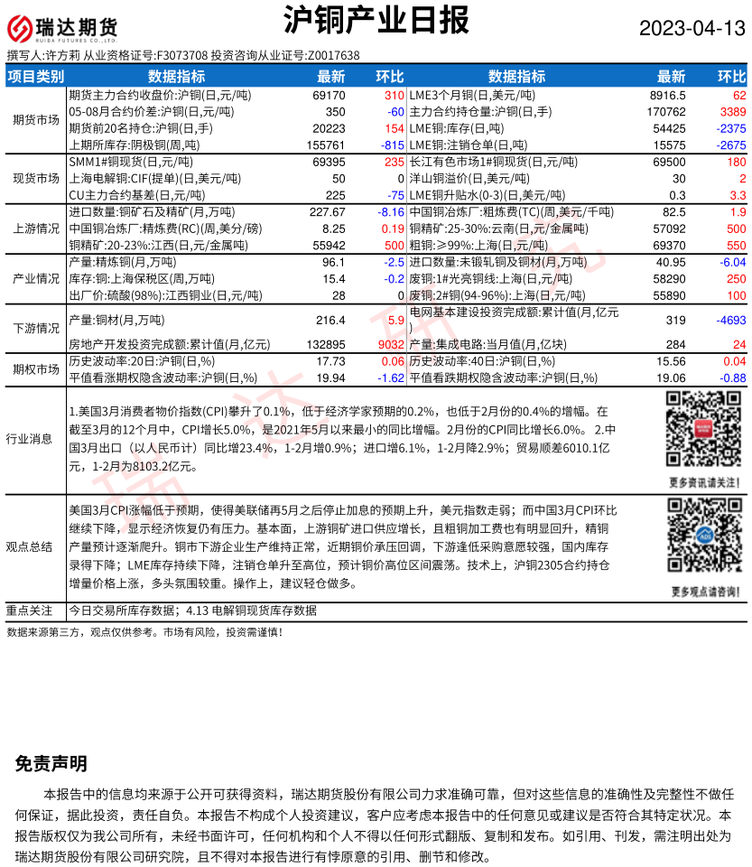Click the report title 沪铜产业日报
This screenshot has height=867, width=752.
[x=376, y=20]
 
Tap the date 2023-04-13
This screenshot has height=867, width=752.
[x=692, y=29]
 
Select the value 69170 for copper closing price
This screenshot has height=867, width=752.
[x=329, y=95]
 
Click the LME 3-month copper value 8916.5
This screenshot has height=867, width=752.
[x=668, y=95]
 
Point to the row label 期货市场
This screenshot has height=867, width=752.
[x=35, y=119]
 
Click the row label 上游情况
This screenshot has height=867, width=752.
[x=35, y=228]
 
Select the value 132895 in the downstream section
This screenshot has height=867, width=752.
[x=326, y=344]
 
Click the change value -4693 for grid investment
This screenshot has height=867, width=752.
[x=728, y=320]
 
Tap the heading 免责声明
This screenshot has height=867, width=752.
[x=51, y=764]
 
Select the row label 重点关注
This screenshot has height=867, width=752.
[x=35, y=610]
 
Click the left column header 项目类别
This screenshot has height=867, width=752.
[x=35, y=77]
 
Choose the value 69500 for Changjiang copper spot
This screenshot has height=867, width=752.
[x=668, y=162]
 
